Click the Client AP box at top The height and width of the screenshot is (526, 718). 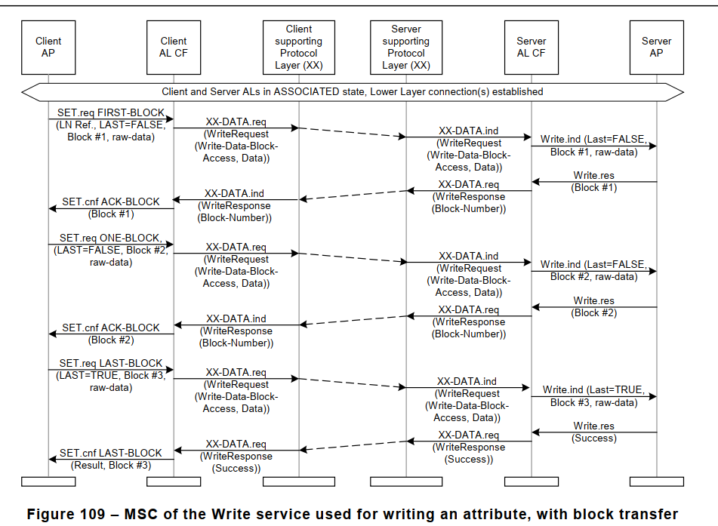coord(48,47)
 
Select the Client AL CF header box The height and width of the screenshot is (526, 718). coord(174,47)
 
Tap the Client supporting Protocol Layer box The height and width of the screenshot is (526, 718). coord(298,47)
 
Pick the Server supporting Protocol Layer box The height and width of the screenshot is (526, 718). coord(406,47)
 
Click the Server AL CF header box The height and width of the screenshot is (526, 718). coord(531,47)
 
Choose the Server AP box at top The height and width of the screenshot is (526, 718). coord(656,47)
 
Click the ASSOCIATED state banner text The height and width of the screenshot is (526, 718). coord(353,92)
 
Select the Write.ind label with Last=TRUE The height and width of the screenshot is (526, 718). coord(593,390)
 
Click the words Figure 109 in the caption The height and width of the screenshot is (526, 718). coord(69,515)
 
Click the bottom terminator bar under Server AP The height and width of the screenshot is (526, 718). coord(656,481)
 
